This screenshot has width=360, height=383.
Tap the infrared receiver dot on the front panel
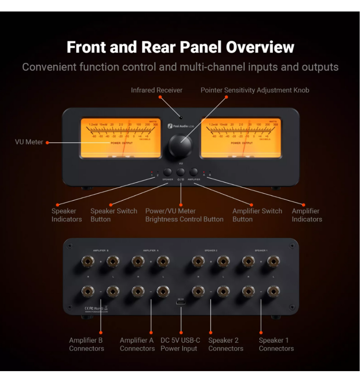click(x=181, y=118)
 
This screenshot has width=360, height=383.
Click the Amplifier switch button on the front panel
click(x=194, y=172)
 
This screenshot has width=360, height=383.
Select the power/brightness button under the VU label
click(x=181, y=172)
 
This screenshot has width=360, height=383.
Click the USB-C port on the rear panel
click(x=181, y=303)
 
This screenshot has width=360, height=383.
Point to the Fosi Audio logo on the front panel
click(x=178, y=126)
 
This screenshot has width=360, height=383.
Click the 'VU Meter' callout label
click(x=29, y=142)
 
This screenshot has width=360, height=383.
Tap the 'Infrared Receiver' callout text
click(x=156, y=90)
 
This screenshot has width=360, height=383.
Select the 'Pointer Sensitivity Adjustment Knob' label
click(x=255, y=90)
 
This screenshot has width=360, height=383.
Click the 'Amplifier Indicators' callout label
click(x=307, y=215)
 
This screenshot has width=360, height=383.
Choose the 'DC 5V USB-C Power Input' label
click(x=180, y=344)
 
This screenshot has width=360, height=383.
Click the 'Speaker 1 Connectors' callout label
click(x=276, y=344)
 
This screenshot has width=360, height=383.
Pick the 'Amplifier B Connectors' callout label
click(x=86, y=344)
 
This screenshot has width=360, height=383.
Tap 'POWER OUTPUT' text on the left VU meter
click(x=122, y=143)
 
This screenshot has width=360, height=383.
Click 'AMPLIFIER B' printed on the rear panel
click(x=101, y=250)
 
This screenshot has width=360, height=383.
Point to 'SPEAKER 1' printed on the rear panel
click(x=261, y=250)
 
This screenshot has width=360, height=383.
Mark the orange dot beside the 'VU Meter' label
click(x=47, y=143)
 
